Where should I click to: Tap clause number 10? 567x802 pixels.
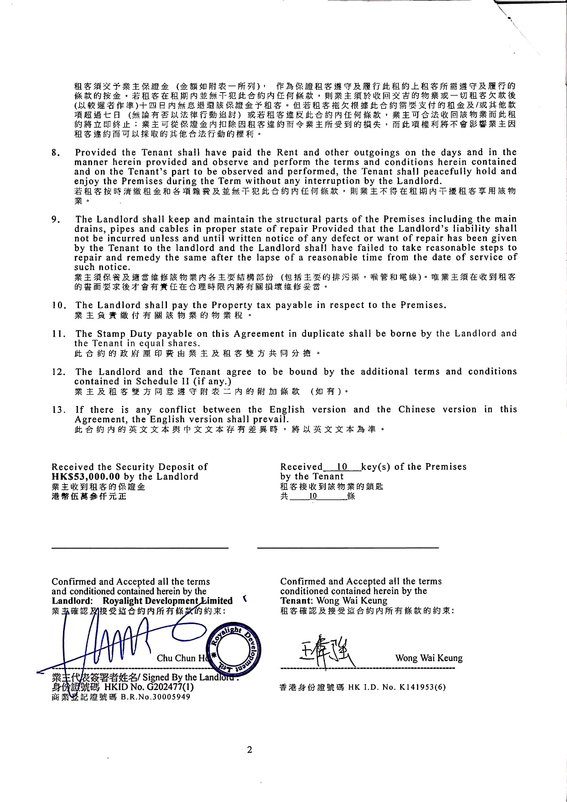click(x=59, y=305)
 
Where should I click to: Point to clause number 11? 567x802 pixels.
click(x=59, y=334)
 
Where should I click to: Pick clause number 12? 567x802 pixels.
click(x=59, y=372)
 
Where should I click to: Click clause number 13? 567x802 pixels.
click(x=59, y=410)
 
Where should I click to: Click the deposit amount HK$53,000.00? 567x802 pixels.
click(x=86, y=477)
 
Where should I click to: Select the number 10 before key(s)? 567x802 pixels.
click(x=342, y=467)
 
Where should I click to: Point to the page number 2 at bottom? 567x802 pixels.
click(x=249, y=750)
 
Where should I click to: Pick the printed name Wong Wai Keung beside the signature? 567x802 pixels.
click(x=429, y=658)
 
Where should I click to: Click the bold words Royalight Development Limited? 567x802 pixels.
click(x=167, y=601)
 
